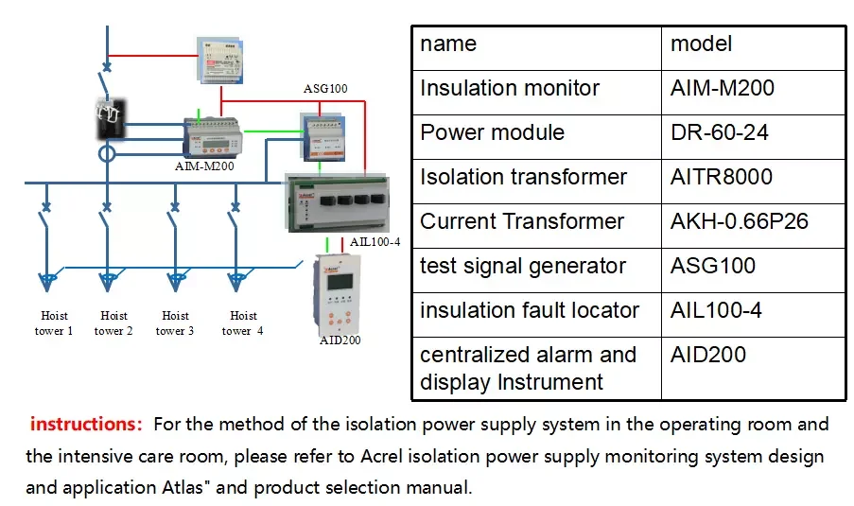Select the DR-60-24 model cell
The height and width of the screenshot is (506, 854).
tap(719, 132)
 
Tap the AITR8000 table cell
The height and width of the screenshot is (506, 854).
tap(721, 177)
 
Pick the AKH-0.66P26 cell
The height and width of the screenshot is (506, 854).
tap(739, 221)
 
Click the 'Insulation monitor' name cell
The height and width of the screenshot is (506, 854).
tap(510, 88)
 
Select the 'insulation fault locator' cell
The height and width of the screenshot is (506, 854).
tap(529, 310)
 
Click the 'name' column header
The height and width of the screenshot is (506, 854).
tap(448, 44)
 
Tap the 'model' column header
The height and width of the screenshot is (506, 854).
tap(701, 44)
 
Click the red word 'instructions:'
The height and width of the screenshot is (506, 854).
tap(86, 424)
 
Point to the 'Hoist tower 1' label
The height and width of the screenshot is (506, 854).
tap(56, 323)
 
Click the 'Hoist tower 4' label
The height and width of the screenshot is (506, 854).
tap(243, 323)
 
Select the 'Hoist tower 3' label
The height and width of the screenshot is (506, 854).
tap(176, 323)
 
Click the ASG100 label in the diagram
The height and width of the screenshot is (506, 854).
tap(325, 89)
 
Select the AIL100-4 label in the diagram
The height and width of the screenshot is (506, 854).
tap(375, 242)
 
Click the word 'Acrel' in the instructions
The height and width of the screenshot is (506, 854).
tap(385, 457)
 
